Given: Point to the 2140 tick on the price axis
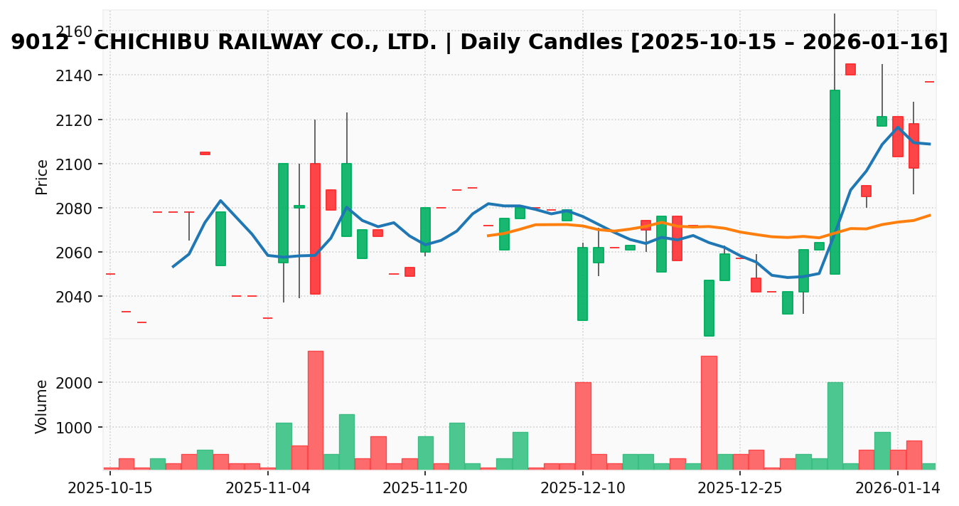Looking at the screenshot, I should pyautogui.click(x=73, y=75).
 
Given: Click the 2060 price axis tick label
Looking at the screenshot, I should pyautogui.click(x=73, y=253).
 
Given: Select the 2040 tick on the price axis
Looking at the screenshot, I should pyautogui.click(x=73, y=297).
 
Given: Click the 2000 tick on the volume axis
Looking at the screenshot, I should pyautogui.click(x=73, y=383).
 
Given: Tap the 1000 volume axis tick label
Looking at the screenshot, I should pyautogui.click(x=73, y=428).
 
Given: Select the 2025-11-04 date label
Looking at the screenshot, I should pyautogui.click(x=268, y=489).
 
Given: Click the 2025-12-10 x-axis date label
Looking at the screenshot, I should pyautogui.click(x=583, y=489).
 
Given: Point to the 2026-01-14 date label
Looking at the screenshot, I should pyautogui.click(x=898, y=489).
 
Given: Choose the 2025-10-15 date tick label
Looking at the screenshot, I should pyautogui.click(x=110, y=489).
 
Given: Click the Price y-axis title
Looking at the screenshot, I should pyautogui.click(x=43, y=176).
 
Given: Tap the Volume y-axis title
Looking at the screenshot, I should pyautogui.click(x=43, y=406).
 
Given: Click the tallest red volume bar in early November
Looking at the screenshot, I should pyautogui.click(x=315, y=410).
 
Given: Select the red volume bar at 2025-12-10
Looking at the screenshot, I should pyautogui.click(x=583, y=426).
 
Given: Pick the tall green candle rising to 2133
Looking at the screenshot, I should pyautogui.click(x=835, y=181).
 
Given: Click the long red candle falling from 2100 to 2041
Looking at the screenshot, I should pyautogui.click(x=315, y=228).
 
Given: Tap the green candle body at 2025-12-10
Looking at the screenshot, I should pyautogui.click(x=582, y=283).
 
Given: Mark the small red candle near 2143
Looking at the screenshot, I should pyautogui.click(x=850, y=69).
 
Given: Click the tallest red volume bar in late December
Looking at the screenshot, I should pyautogui.click(x=709, y=412).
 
